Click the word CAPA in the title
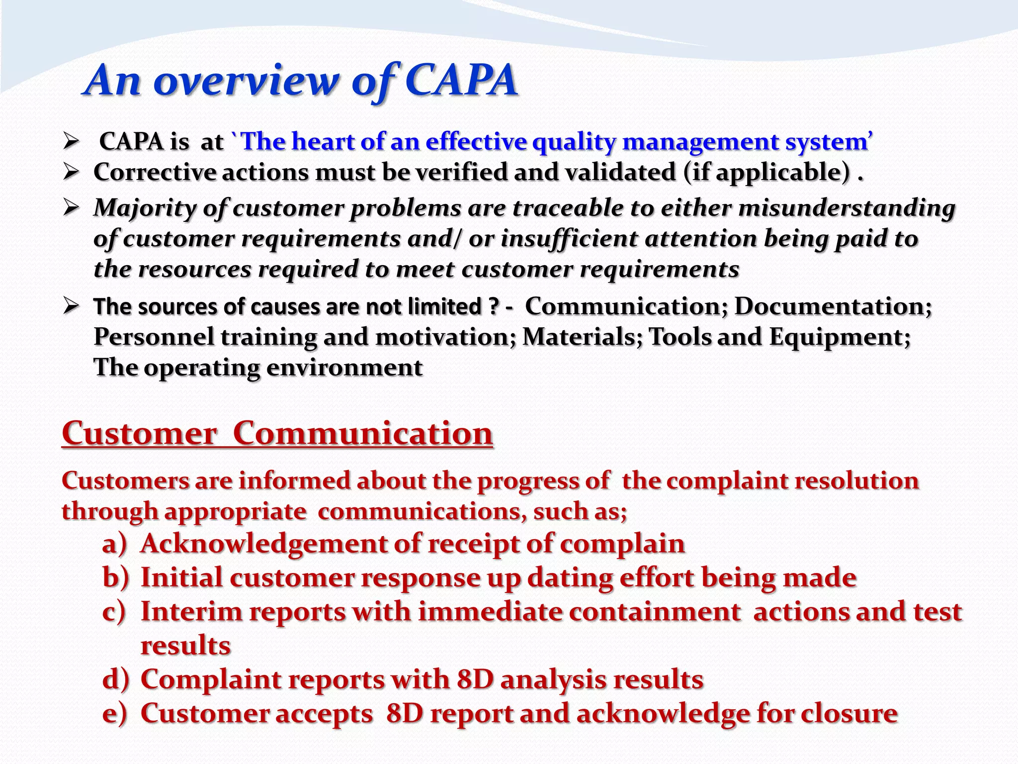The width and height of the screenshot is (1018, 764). [x=461, y=81]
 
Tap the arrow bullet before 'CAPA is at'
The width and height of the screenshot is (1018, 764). [x=71, y=143]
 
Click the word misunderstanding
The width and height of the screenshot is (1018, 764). [x=847, y=208]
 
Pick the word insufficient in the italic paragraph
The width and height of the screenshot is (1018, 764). [x=569, y=239]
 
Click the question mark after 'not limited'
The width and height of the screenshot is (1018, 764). [x=492, y=306]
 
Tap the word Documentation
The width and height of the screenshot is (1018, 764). [x=833, y=306]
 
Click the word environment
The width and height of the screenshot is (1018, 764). [x=344, y=368]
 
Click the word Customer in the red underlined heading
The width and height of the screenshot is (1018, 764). [x=140, y=433]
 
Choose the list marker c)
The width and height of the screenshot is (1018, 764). [x=114, y=612]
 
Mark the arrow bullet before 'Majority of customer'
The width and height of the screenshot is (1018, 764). [x=71, y=208]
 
